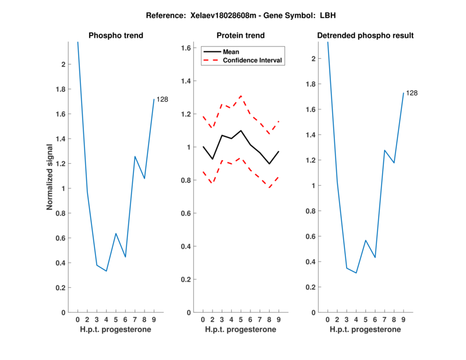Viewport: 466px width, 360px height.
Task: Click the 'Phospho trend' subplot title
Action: pyautogui.click(x=115, y=36)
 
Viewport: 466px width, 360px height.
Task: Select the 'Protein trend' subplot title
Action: pyautogui.click(x=240, y=36)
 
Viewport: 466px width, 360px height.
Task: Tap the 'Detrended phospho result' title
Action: pyautogui.click(x=365, y=36)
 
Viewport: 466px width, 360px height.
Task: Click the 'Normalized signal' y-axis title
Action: pyautogui.click(x=51, y=177)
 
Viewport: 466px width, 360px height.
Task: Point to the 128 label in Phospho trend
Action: pyautogui.click(x=163, y=100)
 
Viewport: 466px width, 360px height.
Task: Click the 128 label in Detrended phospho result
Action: pyautogui.click(x=412, y=93)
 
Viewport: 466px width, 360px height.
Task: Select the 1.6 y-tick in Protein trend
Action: pyautogui.click(x=186, y=48)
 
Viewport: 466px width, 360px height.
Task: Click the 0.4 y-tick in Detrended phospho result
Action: pyautogui.click(x=310, y=262)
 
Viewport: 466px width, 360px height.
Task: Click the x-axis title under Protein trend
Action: pyautogui.click(x=240, y=329)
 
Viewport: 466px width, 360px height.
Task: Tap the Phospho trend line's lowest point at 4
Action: pyautogui.click(x=106, y=271)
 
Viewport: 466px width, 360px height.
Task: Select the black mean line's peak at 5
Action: pyautogui.click(x=241, y=130)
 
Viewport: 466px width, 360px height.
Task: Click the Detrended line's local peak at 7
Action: pyautogui.click(x=384, y=150)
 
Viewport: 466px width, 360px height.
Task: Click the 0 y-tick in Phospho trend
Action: pyautogui.click(x=63, y=313)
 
